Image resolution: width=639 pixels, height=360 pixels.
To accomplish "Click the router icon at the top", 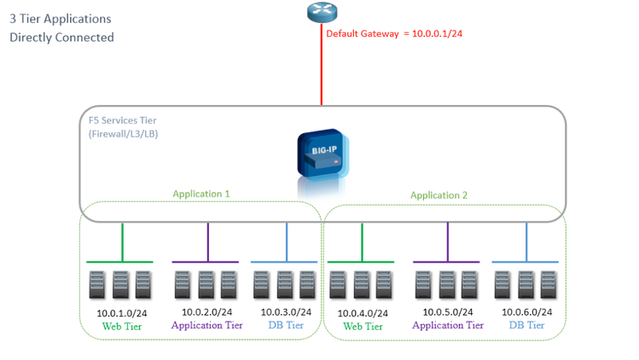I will pyautogui.click(x=322, y=12).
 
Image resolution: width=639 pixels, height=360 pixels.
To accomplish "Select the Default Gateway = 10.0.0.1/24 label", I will pyautogui.click(x=393, y=33).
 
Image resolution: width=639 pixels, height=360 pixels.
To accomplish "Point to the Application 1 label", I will pyautogui.click(x=201, y=194).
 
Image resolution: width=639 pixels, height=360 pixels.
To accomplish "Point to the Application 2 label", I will pyautogui.click(x=439, y=195).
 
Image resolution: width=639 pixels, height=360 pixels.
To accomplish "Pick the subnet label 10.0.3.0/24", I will pyautogui.click(x=286, y=312).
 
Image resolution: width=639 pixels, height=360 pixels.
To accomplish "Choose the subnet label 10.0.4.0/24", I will pyautogui.click(x=363, y=313).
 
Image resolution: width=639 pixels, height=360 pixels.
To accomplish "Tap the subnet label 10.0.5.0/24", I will pyautogui.click(x=446, y=312).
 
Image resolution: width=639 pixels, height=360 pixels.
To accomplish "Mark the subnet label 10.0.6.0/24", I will pyautogui.click(x=526, y=312).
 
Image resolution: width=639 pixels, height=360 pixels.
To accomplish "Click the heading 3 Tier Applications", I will pyautogui.click(x=60, y=18).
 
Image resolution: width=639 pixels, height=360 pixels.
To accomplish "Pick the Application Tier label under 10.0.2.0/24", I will pyautogui.click(x=206, y=325).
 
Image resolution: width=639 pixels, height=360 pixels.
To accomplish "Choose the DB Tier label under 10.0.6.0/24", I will pyautogui.click(x=526, y=325).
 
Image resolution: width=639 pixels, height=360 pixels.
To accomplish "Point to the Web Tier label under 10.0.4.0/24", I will pyautogui.click(x=363, y=326).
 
